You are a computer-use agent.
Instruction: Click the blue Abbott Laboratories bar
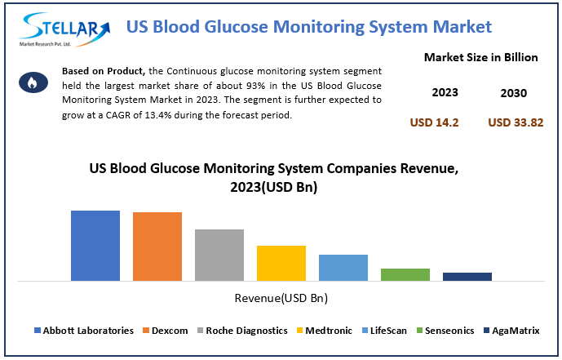(95, 246)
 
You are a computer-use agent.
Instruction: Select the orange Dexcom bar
(157, 247)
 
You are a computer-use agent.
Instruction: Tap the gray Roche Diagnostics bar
(219, 255)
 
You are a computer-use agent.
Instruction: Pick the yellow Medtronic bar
(281, 263)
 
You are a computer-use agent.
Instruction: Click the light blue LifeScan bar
(343, 268)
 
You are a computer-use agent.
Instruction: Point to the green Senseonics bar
(405, 274)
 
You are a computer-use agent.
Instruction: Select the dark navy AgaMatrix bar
(467, 277)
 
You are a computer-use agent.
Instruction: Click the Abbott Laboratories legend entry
(84, 331)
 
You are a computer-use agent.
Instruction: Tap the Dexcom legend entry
(166, 331)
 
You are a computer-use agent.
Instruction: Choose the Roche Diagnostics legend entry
(242, 331)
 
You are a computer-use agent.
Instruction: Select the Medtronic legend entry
(325, 331)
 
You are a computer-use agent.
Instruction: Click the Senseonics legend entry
(445, 331)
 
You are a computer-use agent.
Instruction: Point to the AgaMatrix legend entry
(511, 331)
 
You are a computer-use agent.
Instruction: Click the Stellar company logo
(64, 29)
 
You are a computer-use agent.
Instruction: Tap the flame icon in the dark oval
(33, 82)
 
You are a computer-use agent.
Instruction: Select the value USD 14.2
(434, 122)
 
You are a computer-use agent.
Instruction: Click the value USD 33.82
(516, 122)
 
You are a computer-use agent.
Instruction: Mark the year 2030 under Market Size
(514, 93)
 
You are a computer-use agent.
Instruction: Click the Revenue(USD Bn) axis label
(281, 298)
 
